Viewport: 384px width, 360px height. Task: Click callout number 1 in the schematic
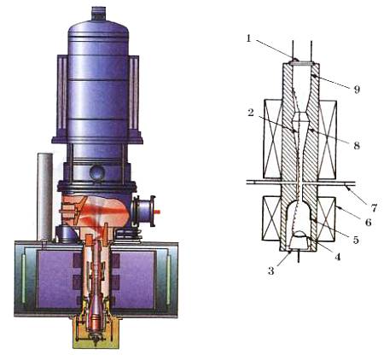pos(249,38)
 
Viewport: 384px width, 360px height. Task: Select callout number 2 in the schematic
pos(250,113)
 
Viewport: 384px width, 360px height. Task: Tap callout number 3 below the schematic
pos(271,271)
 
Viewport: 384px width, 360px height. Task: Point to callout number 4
pos(337,257)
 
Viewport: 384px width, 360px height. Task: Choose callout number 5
pos(356,240)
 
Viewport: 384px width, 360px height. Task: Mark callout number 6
pos(369,222)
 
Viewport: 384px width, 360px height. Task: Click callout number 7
pos(374,208)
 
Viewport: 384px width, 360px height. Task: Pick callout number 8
pos(357,146)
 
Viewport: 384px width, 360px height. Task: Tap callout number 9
pos(357,90)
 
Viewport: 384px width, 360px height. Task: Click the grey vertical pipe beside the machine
pos(45,197)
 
